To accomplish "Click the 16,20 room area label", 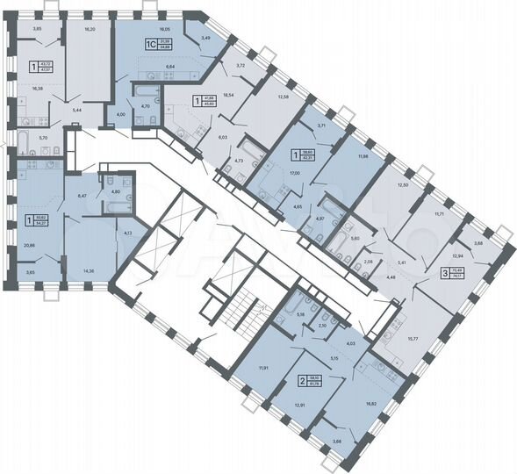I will pyautogui.click(x=89, y=29).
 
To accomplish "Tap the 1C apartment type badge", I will pyautogui.click(x=149, y=41).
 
